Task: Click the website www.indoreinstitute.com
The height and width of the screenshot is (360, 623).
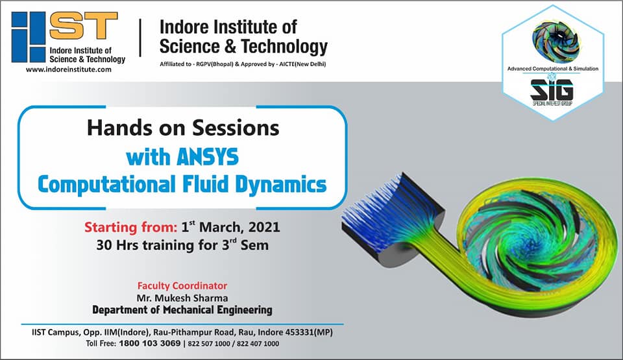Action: (69, 69)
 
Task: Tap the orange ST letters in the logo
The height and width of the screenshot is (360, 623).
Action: (84, 25)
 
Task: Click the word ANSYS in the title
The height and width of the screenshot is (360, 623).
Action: (208, 157)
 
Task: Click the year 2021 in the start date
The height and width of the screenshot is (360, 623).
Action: (264, 227)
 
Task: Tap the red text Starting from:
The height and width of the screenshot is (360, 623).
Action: (130, 227)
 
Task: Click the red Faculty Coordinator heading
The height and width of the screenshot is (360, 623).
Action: (182, 285)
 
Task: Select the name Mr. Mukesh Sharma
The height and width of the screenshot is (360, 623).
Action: (182, 298)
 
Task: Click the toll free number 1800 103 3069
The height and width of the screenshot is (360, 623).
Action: (150, 343)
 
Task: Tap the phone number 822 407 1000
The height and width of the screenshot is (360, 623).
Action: (258, 344)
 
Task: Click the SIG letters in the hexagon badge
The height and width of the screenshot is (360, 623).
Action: (552, 90)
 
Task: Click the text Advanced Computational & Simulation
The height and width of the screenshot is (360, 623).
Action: (553, 69)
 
